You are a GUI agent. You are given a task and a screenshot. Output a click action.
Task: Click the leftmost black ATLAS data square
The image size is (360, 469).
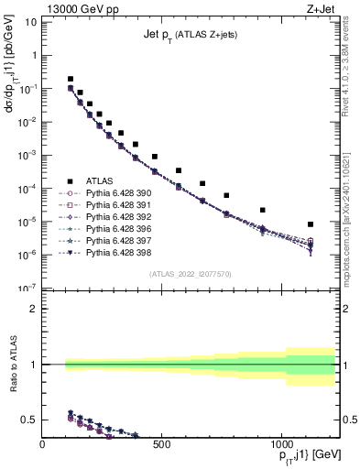click(x=71, y=80)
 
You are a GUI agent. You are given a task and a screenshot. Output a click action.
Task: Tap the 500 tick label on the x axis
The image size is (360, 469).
click(x=161, y=446)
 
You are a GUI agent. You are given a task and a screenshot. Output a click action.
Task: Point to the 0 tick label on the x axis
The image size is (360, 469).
click(x=43, y=446)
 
